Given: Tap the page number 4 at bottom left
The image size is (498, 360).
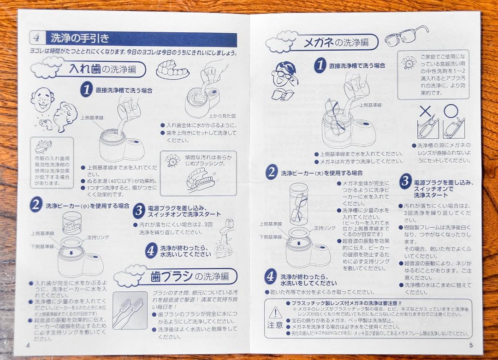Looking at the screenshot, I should [x=28, y=344].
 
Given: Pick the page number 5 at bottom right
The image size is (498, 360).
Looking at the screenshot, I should [x=470, y=344].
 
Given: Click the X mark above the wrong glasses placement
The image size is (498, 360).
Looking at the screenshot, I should [x=426, y=111].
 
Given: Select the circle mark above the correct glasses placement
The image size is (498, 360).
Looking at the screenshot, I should [x=451, y=111].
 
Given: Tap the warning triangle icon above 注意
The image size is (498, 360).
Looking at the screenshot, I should [x=275, y=313].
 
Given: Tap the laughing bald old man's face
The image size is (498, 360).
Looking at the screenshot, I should [x=42, y=99].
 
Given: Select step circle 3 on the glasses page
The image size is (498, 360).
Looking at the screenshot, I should [x=405, y=181].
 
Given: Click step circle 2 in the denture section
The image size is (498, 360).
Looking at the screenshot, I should [x=36, y=205].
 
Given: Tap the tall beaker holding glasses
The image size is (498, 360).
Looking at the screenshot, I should [x=298, y=203].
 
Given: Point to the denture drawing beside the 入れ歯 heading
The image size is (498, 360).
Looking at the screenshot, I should [x=172, y=69].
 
